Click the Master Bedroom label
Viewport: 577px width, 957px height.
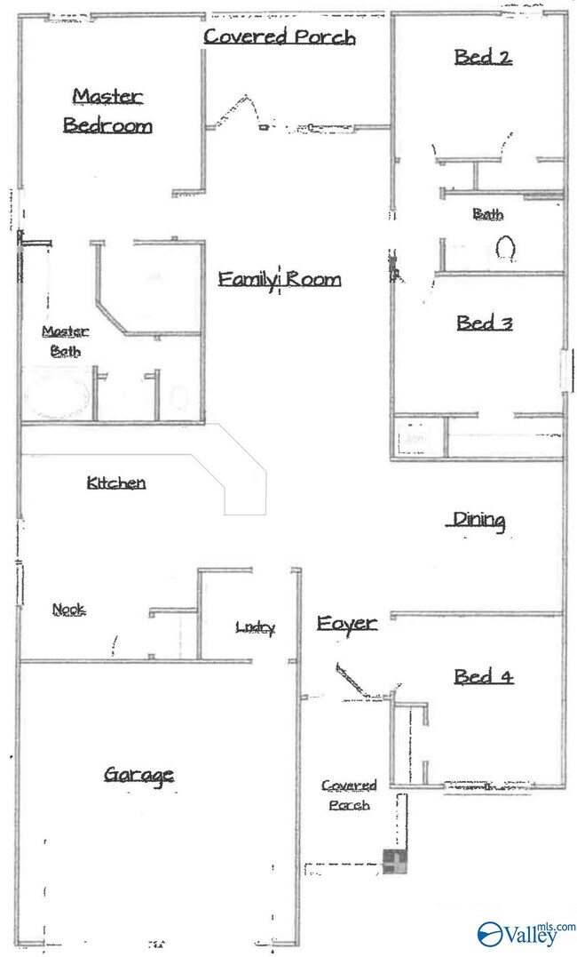pos(108,111)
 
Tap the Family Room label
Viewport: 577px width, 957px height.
pos(280,280)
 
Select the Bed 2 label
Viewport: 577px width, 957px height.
pos(483,58)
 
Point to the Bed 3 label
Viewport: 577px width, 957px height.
pos(485,323)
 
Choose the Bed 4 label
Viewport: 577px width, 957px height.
pos(484,676)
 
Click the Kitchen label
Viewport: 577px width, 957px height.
pos(116,482)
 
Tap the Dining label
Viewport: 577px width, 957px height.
pos(478,521)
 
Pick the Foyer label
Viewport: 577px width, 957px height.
pos(347,624)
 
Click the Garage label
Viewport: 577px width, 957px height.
pos(139,775)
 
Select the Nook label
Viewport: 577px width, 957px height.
pos(69,609)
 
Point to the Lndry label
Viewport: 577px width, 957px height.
pos(256,626)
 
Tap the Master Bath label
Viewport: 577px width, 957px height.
pos(66,341)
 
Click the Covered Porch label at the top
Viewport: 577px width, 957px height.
pos(280,36)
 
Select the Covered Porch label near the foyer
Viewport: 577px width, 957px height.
pos(349,795)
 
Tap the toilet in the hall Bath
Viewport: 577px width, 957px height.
pos(505,249)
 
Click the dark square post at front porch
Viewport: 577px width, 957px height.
pos(395,862)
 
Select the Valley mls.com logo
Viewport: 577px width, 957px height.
pos(526,933)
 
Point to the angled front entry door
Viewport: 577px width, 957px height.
pos(352,682)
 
